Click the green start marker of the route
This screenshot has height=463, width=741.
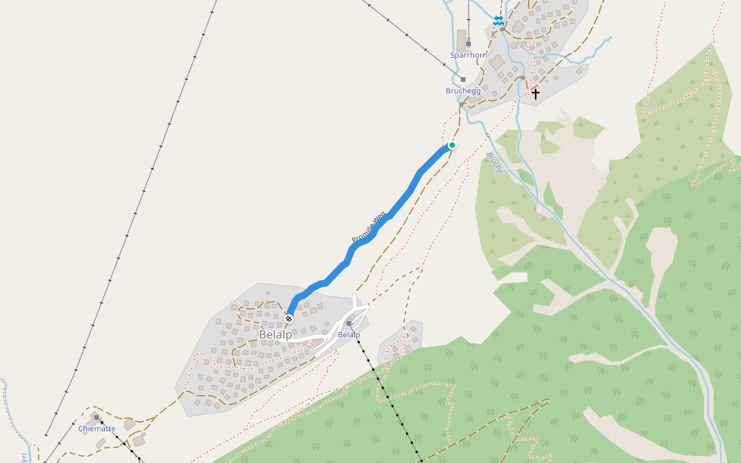pos(452,145)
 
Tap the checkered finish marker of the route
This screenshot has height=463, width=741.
pos(289,319)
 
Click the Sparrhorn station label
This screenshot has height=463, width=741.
pos(468,56)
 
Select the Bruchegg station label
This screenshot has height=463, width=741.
pos(463,90)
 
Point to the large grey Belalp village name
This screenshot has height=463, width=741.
pos(276,335)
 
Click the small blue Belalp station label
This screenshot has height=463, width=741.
pos(349,335)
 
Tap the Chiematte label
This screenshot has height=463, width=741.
pos(96,428)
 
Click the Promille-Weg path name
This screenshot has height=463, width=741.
pos(368,228)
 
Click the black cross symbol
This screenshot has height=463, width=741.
pos(536,93)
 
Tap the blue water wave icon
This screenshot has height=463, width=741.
pos(499,21)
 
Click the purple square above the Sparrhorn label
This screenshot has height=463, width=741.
pos(468,43)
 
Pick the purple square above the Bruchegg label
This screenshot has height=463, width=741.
pos(463,79)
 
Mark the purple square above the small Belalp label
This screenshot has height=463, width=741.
pos(349,323)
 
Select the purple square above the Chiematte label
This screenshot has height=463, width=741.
pos(96,417)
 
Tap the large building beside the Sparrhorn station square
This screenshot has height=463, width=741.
pos(462,39)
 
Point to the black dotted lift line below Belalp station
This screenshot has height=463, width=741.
pos(386,394)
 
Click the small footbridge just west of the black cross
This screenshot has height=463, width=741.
pos(523,78)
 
